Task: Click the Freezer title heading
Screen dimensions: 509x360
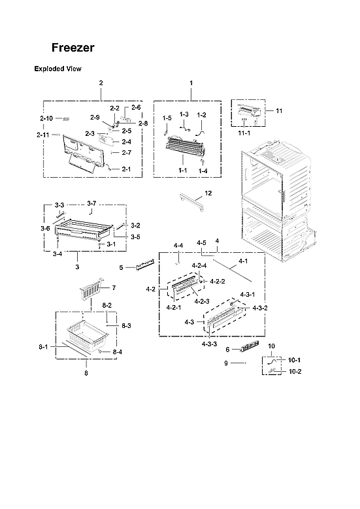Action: click(73, 48)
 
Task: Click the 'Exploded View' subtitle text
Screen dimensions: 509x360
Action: click(57, 69)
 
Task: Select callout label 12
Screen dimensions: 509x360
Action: click(208, 193)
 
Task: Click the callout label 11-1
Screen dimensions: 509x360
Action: click(243, 133)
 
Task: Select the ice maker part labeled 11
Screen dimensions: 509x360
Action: click(252, 114)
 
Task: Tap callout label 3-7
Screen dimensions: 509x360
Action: click(91, 204)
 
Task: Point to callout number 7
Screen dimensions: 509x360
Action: click(113, 287)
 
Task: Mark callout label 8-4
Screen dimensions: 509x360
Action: click(117, 352)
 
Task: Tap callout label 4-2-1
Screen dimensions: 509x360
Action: click(173, 307)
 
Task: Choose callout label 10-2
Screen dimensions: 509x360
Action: click(295, 371)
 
